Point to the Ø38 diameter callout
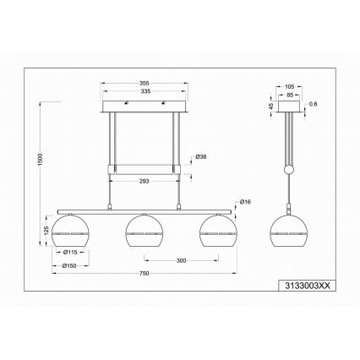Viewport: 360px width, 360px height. (x=200, y=155)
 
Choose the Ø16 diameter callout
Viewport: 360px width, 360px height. (x=245, y=200)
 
